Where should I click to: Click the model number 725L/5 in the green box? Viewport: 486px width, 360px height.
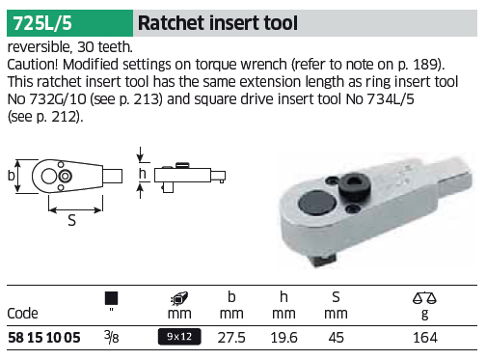coord(42,23)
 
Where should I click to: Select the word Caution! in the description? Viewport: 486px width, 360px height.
coord(33,65)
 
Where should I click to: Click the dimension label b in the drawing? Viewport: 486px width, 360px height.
coord(11,176)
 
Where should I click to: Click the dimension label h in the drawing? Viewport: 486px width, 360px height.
coord(143,174)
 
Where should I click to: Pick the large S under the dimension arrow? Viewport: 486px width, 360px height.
coord(72,221)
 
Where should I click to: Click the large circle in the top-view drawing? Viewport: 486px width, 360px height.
coord(49,176)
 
